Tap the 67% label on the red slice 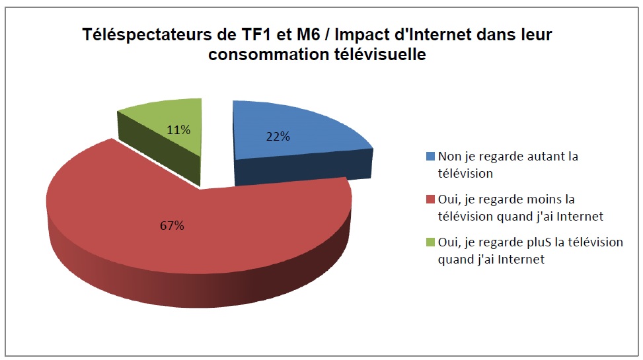[173, 226]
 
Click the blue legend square [431, 157]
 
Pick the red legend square [431, 199]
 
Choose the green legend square [431, 242]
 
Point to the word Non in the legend [449, 157]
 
